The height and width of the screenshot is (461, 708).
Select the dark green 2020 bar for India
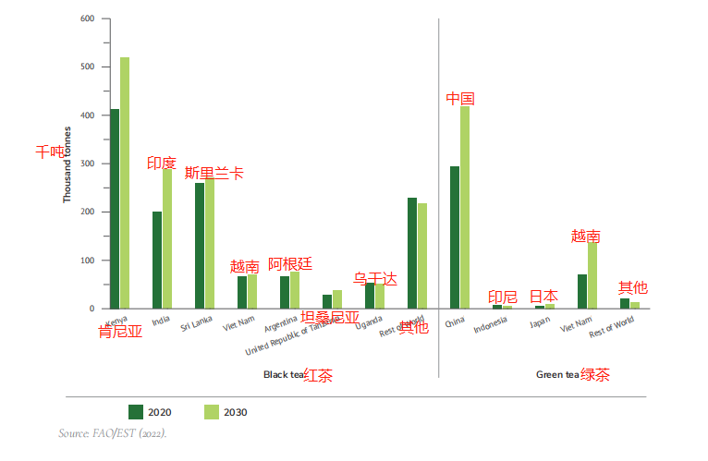[157, 260]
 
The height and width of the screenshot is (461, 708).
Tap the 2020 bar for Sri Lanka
[200, 246]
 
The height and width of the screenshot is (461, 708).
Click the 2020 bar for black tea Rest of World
[412, 253]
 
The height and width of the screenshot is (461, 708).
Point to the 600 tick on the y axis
[89, 18]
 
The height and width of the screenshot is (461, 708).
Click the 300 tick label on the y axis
[89, 164]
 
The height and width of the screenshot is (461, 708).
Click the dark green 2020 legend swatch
[135, 411]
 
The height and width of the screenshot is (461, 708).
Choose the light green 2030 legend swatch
[212, 411]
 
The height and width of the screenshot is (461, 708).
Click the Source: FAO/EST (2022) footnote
[112, 432]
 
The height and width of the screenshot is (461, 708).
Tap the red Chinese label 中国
[460, 98]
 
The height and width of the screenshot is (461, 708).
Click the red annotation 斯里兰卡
[214, 173]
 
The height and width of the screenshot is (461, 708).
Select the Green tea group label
[557, 375]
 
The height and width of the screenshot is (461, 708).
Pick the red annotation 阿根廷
[290, 264]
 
